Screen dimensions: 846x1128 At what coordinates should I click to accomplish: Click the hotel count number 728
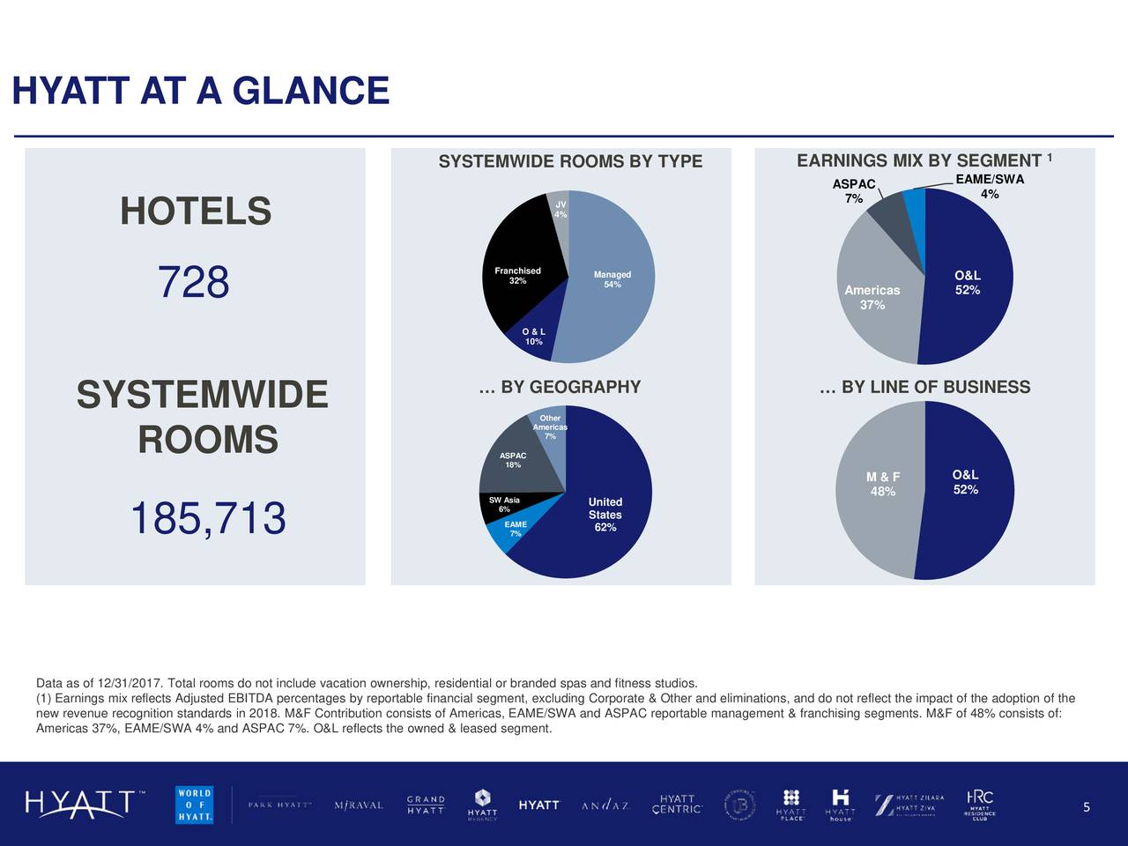[x=194, y=283]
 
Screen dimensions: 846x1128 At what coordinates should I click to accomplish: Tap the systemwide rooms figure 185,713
[x=208, y=518]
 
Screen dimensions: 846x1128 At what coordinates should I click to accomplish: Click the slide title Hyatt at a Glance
[x=201, y=91]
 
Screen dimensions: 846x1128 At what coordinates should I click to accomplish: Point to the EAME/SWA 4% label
[x=990, y=187]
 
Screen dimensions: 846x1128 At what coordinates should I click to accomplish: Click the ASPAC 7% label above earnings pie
[x=854, y=191]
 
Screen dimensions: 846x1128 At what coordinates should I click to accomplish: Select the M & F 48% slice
[x=882, y=485]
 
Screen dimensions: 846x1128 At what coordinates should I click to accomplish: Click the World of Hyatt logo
[x=194, y=804]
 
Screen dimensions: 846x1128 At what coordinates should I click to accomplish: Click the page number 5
[x=1087, y=808]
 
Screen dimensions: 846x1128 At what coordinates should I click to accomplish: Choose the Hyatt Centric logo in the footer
[x=677, y=805]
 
